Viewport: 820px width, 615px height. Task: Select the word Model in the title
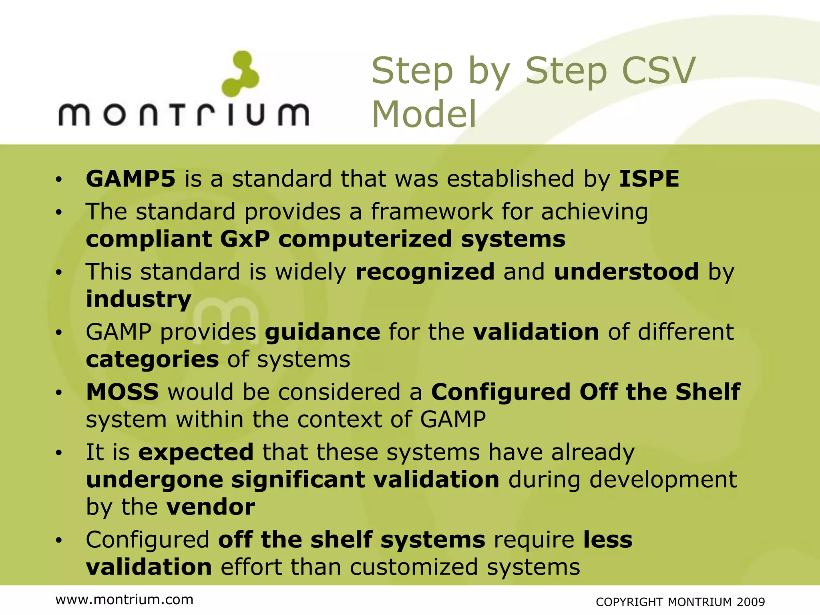(x=424, y=115)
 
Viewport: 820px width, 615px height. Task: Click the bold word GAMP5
(x=131, y=179)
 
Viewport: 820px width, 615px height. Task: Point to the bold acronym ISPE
(x=649, y=179)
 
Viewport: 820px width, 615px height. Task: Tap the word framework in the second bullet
(x=432, y=211)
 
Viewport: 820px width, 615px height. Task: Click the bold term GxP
(x=245, y=239)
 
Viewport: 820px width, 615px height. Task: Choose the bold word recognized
(x=425, y=272)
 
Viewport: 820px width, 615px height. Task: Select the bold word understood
(x=626, y=272)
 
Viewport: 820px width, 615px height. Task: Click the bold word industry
(x=139, y=299)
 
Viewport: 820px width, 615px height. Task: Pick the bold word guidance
(x=322, y=332)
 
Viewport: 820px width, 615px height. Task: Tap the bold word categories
(x=152, y=360)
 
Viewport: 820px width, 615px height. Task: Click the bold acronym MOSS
(x=123, y=392)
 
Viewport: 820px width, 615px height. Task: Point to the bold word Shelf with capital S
(x=707, y=392)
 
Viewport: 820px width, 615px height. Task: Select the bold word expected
(x=196, y=452)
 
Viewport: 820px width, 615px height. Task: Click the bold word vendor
(x=211, y=507)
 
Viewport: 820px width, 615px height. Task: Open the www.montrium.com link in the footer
(x=125, y=600)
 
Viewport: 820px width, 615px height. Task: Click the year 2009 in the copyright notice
(x=750, y=602)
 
